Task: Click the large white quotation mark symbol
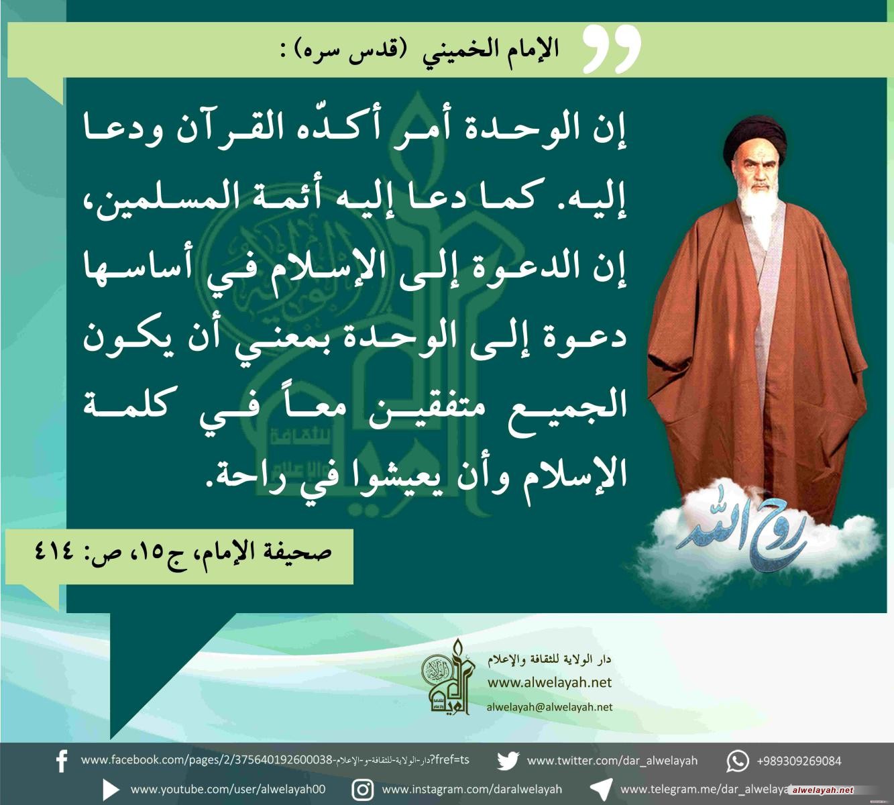pos(612,48)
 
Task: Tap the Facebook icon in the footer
pos(62,761)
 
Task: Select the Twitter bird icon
pos(508,761)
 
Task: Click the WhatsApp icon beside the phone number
pos(738,761)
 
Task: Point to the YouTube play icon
pos(111,790)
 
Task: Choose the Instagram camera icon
pos(363,790)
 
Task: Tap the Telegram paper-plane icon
pos(601,790)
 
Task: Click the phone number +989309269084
pos(799,761)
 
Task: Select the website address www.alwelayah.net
pos(549,682)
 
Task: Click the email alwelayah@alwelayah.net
pos(549,707)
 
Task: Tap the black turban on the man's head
pos(755,139)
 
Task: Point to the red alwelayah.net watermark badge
pos(822,790)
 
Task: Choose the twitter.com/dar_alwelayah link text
pos(612,761)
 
